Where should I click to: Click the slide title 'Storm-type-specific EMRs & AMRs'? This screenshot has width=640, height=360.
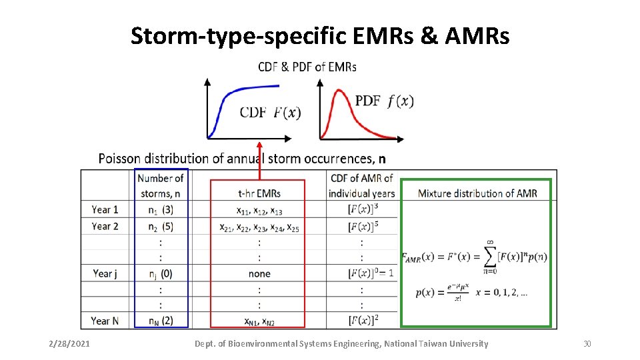coord(320,36)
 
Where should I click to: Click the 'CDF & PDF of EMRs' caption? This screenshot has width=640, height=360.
coord(307,67)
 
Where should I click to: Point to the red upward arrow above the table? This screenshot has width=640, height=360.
coord(259,160)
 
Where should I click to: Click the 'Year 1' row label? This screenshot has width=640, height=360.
coord(105,209)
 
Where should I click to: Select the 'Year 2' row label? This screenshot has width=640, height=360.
coord(105,226)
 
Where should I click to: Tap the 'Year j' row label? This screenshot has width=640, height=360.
coord(105,273)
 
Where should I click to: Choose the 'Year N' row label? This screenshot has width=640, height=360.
coord(105,321)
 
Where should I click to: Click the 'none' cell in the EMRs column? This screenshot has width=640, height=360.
coord(259,273)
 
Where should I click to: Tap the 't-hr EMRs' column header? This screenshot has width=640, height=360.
coord(259,193)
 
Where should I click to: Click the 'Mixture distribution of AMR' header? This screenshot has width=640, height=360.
coord(477,193)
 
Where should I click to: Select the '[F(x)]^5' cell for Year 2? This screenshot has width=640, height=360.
coord(363,226)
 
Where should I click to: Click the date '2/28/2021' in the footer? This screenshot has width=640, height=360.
coord(71,344)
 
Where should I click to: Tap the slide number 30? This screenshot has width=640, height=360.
coord(587,344)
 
